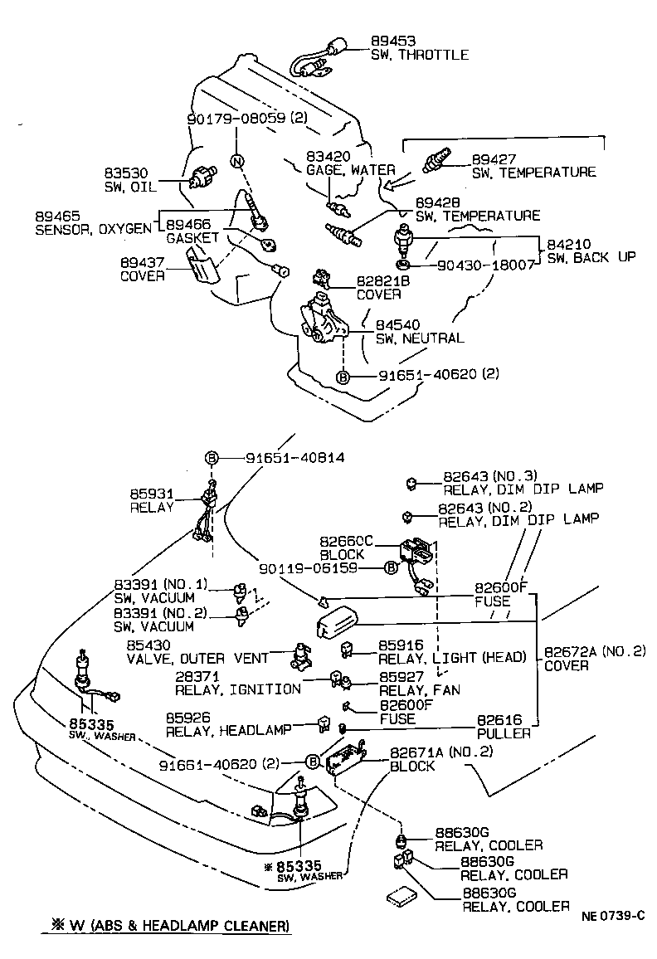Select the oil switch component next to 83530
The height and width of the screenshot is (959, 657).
pos(201,177)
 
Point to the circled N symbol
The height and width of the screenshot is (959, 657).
pos(236,161)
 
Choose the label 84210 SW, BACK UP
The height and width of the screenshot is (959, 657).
pos(591,251)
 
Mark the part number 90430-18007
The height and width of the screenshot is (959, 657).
pos(474,265)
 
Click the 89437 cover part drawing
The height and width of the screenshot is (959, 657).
pos(201,269)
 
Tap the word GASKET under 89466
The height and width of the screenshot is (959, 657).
pos(192,238)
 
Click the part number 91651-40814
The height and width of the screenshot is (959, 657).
pos(294,457)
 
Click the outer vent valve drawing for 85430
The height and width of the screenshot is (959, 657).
pos(299,655)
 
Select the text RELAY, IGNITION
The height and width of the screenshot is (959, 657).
pos(237,689)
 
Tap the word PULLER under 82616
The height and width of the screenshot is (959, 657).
pos(504,733)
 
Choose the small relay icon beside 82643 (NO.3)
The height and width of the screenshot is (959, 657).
pos(410,480)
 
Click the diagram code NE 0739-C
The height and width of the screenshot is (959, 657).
pos(612,916)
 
